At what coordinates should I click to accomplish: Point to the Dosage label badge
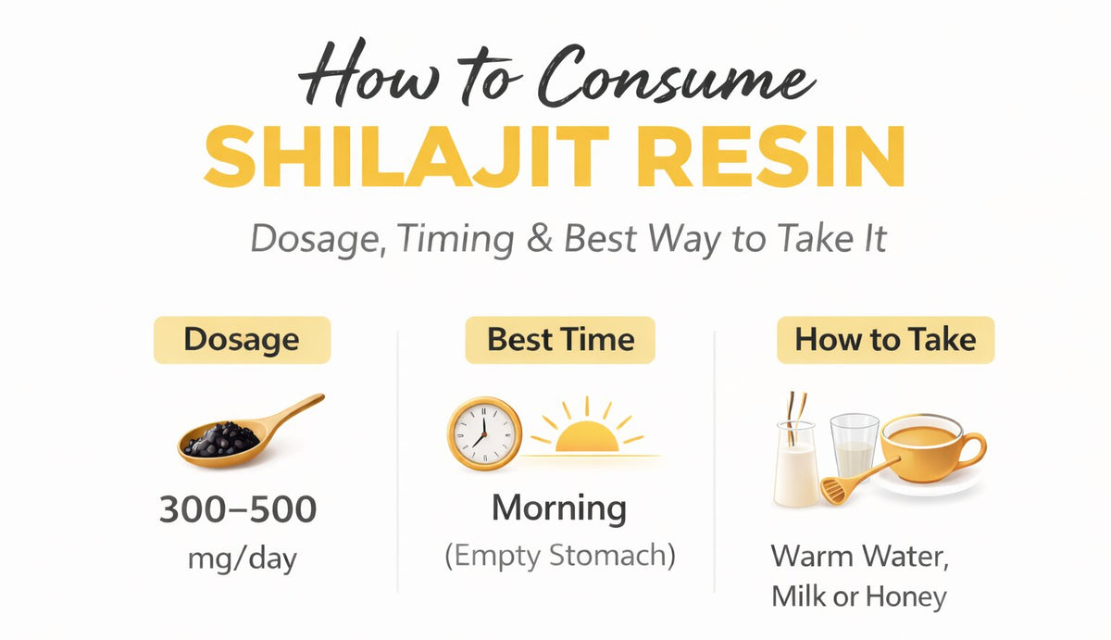(242, 339)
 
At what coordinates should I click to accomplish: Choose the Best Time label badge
(560, 339)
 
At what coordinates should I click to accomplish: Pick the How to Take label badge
(885, 339)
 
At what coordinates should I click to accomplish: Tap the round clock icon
(483, 432)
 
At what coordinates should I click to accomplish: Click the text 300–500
(238, 509)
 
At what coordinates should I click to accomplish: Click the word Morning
(558, 508)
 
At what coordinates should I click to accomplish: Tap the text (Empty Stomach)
(559, 556)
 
